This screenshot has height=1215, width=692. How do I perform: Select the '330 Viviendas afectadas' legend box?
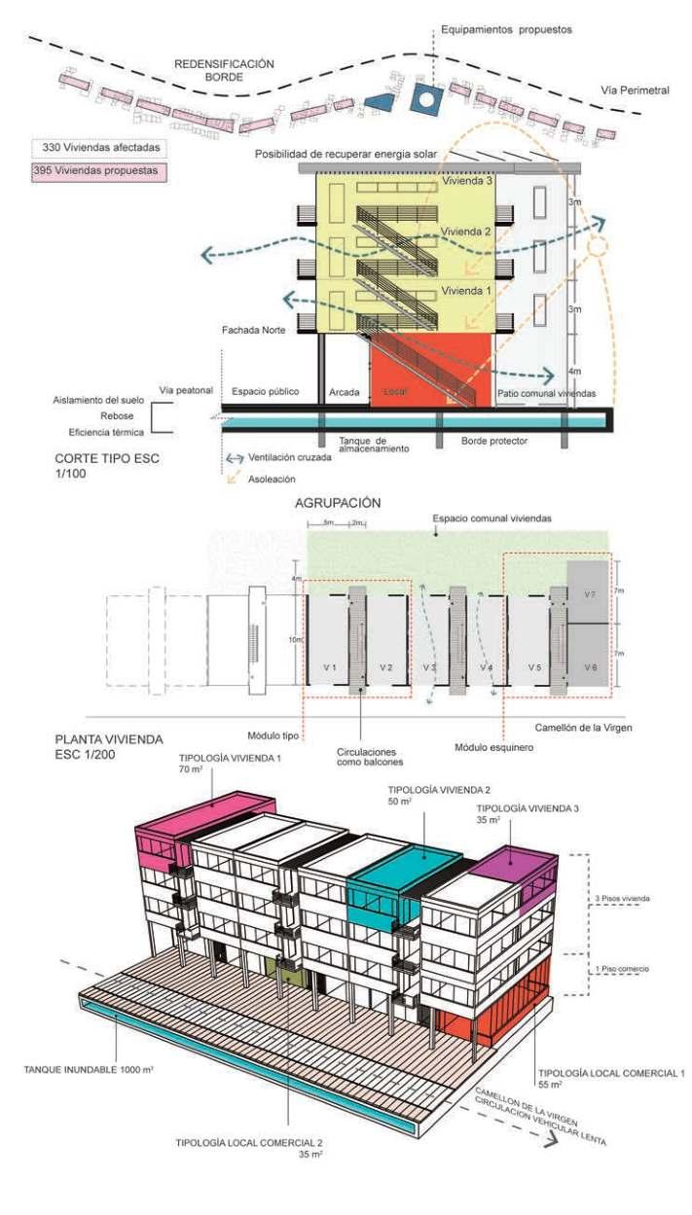95,148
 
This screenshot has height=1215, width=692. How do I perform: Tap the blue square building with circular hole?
424,97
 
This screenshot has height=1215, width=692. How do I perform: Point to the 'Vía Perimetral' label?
636,90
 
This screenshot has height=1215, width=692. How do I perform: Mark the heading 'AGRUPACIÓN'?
336,503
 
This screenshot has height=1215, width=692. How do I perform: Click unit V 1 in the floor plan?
328,668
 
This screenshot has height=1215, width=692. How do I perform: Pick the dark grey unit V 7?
588,592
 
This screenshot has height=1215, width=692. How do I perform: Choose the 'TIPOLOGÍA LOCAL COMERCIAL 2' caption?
251,1143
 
